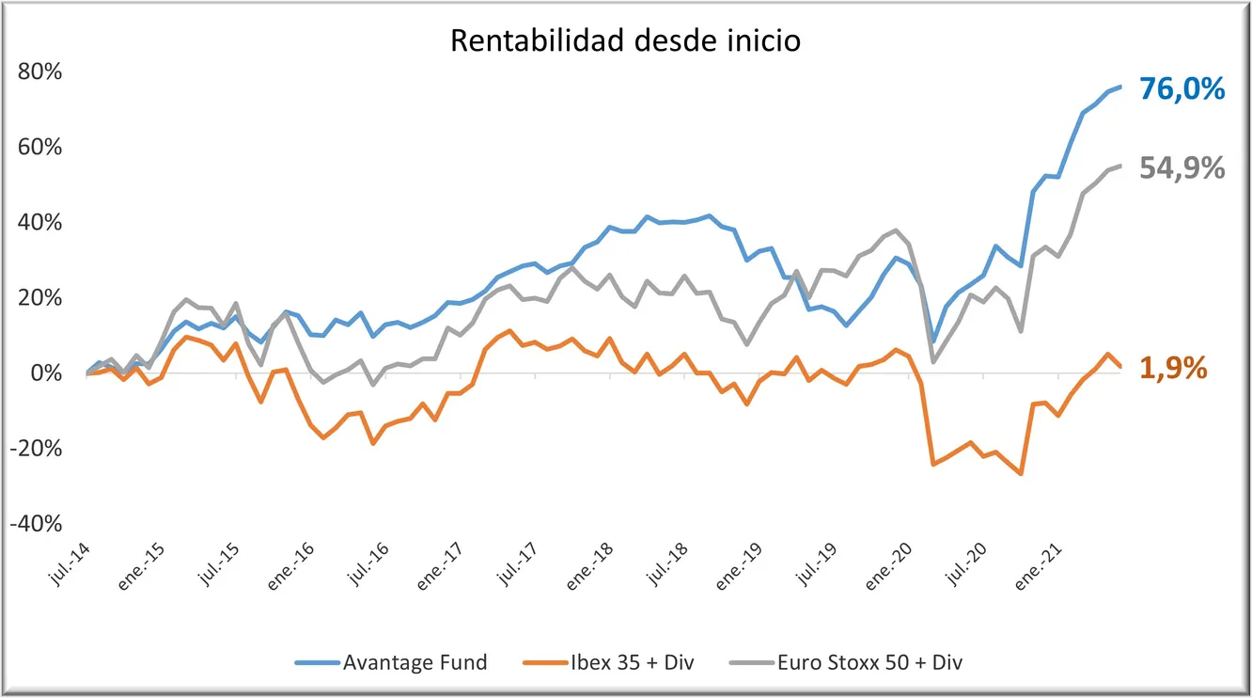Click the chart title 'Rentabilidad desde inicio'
[x=625, y=40]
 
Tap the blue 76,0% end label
[x=1182, y=88]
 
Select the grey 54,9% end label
[x=1182, y=167]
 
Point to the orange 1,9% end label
[x=1173, y=368]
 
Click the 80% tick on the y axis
[x=39, y=71]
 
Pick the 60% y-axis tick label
[x=39, y=147]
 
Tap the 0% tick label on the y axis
[x=46, y=373]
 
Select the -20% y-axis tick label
[x=36, y=448]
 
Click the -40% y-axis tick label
[x=36, y=523]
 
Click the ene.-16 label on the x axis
[x=290, y=566]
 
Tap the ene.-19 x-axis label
[x=739, y=566]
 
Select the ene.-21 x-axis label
[x=1038, y=566]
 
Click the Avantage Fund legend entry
[x=391, y=662]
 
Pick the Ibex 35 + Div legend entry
[x=609, y=662]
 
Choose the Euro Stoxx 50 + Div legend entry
[x=846, y=662]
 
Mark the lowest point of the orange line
[x=1021, y=474]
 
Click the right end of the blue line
[x=1120, y=87]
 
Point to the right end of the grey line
[x=1120, y=166]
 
